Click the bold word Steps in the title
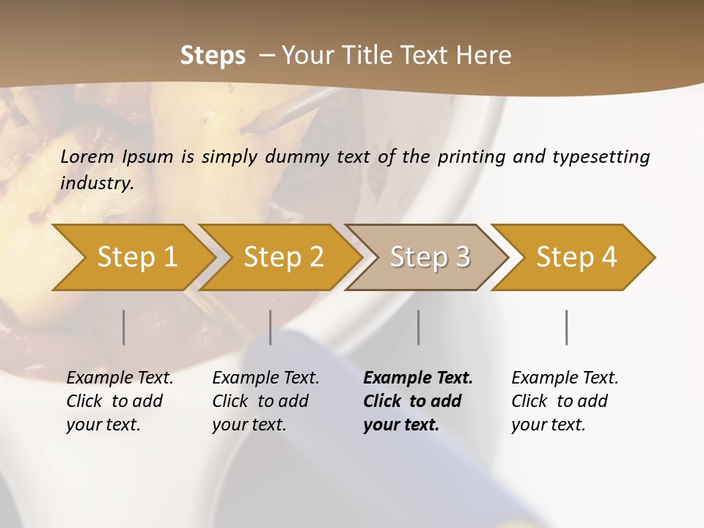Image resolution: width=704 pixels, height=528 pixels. click(x=213, y=55)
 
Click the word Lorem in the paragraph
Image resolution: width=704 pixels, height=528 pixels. click(x=87, y=156)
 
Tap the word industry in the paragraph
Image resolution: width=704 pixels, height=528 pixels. click(x=97, y=183)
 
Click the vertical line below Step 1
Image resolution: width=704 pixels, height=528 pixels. click(x=124, y=327)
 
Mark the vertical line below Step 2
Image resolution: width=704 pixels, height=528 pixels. click(x=271, y=327)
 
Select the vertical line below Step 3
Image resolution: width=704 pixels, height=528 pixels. click(x=419, y=327)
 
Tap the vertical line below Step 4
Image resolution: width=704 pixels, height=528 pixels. click(x=567, y=327)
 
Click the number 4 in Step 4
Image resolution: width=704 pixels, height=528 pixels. click(x=609, y=257)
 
